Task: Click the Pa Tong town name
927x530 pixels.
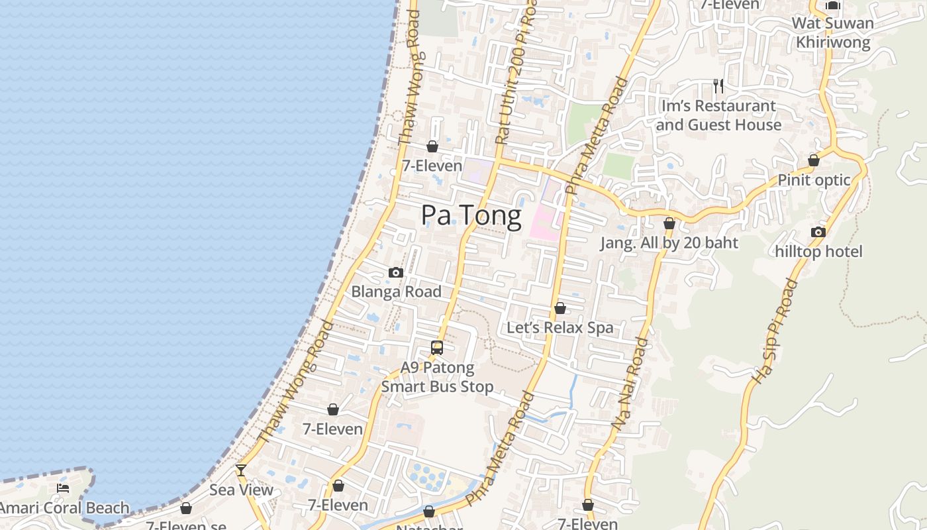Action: (471, 216)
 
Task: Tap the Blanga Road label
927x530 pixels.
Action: (396, 291)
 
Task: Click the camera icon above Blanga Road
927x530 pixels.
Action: (396, 272)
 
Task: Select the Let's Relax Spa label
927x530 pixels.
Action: (560, 328)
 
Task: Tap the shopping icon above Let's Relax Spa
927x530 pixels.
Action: (560, 308)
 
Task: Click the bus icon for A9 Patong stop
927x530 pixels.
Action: (437, 347)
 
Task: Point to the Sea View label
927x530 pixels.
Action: (241, 490)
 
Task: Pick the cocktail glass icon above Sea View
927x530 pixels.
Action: (241, 470)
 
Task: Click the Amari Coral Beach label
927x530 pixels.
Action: (64, 508)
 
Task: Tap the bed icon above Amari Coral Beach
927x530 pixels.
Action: (63, 488)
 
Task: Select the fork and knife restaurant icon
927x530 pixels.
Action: (718, 85)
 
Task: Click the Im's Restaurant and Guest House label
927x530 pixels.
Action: (718, 115)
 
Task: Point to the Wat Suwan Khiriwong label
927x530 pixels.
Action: (833, 32)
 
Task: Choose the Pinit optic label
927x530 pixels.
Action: (814, 180)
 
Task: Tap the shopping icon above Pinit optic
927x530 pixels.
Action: (814, 160)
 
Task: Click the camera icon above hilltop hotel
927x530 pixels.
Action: (818, 232)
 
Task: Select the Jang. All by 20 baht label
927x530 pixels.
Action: (669, 243)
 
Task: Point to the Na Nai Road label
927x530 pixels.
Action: (631, 384)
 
